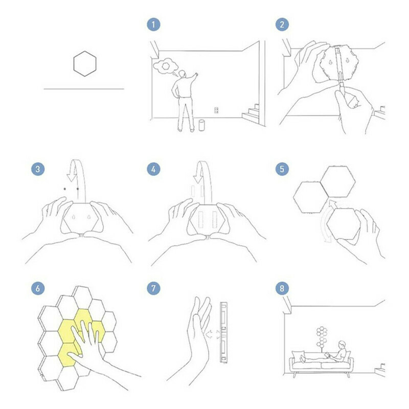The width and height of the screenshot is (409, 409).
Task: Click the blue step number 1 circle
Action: [153, 25]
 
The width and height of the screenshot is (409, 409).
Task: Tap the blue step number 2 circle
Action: [282, 25]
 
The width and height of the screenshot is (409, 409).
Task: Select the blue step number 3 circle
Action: [38, 169]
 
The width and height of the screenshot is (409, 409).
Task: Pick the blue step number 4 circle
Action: [153, 169]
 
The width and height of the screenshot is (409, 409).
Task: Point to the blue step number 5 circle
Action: [282, 169]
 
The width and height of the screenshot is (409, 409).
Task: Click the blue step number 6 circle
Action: [38, 288]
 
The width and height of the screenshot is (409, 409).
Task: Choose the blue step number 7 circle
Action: [153, 288]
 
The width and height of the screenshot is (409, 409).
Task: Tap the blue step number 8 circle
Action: [282, 288]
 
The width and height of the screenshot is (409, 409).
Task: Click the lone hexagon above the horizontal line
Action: [85, 63]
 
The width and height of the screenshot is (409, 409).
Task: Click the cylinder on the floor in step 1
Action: [201, 125]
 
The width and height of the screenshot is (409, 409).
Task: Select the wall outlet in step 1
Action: [216, 110]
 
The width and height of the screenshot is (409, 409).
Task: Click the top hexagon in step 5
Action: [338, 182]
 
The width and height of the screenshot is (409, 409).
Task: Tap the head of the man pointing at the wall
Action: [183, 74]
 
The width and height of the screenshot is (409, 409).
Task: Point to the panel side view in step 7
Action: [223, 332]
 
